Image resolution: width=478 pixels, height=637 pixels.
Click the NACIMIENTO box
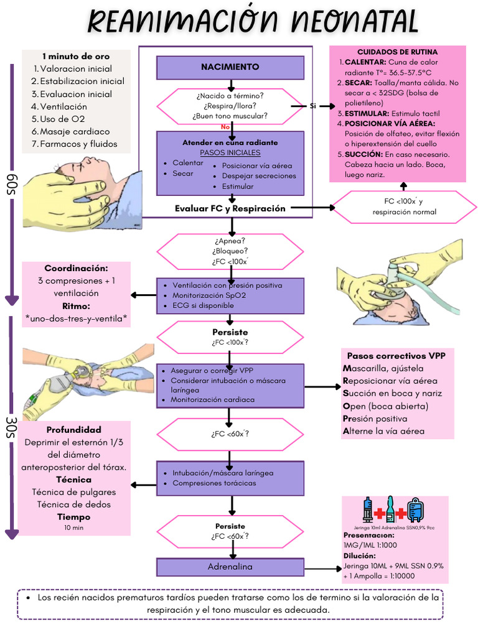pos(230,67)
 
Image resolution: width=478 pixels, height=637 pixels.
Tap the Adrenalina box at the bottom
pos(230,567)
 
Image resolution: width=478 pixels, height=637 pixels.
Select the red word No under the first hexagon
pos(225,127)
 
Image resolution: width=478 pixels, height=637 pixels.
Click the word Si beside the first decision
pos(313,106)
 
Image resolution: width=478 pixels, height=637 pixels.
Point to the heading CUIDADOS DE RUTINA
pos(397,52)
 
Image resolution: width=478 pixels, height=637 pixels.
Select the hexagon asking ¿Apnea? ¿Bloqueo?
pos(230,251)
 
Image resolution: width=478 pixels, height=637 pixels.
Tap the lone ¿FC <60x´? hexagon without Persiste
pos(230,434)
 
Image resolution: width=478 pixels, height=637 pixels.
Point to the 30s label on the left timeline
pos(12,428)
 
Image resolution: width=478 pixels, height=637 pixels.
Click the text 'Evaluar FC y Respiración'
pos(230,208)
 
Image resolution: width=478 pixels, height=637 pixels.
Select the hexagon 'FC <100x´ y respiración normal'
pos(404,207)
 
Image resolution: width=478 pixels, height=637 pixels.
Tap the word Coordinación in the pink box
pos(76,268)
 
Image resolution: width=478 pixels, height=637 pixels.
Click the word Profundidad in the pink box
pos(73,430)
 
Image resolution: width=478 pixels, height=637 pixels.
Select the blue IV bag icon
pos(415,510)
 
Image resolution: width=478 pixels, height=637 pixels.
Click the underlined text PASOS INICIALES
pos(230,152)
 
